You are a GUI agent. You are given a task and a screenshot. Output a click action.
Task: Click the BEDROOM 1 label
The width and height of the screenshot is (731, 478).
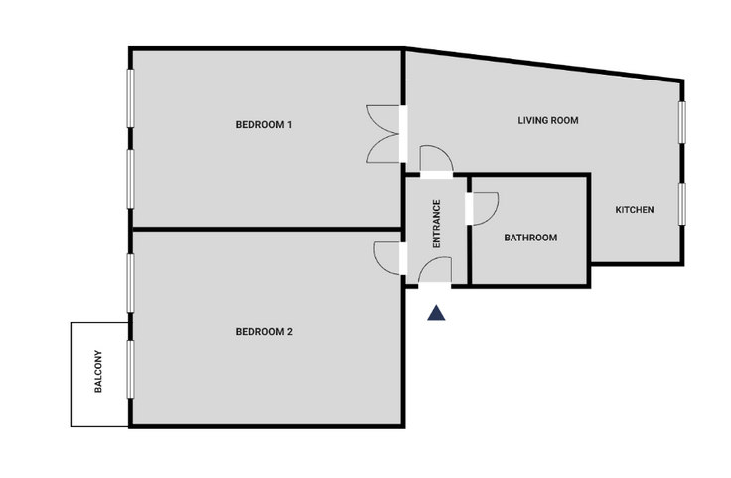[264, 125]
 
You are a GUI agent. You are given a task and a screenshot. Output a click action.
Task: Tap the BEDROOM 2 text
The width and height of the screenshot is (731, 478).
[264, 332]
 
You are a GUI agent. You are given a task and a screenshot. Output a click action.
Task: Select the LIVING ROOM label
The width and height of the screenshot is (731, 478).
[548, 121]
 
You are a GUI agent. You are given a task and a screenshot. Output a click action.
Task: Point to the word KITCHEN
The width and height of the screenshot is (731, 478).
[635, 210]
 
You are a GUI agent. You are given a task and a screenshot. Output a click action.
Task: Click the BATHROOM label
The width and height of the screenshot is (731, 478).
[530, 238]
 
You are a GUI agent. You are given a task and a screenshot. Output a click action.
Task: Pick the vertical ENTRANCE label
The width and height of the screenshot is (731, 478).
[437, 224]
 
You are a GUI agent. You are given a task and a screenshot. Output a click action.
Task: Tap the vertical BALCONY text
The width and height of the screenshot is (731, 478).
[98, 372]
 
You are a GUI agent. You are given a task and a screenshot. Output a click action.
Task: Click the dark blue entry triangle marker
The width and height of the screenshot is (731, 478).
[436, 313]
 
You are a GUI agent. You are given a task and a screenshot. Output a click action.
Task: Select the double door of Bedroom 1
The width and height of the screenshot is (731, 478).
[383, 134]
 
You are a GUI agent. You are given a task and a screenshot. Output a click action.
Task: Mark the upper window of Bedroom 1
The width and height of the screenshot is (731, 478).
[130, 98]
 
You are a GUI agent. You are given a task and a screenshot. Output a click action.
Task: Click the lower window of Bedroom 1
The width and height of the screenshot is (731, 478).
[130, 179]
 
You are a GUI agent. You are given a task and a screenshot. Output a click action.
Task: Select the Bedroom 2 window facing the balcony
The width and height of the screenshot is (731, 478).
[130, 370]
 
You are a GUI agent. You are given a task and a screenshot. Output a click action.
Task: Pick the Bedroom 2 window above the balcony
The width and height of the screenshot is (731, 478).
[130, 283]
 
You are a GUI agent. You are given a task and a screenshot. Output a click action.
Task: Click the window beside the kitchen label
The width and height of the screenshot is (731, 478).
[682, 204]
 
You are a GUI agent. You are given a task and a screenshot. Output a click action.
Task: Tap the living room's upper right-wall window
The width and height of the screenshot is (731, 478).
[682, 122]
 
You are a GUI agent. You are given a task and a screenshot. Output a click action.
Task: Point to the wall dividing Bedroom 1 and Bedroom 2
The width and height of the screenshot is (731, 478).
[266, 229]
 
